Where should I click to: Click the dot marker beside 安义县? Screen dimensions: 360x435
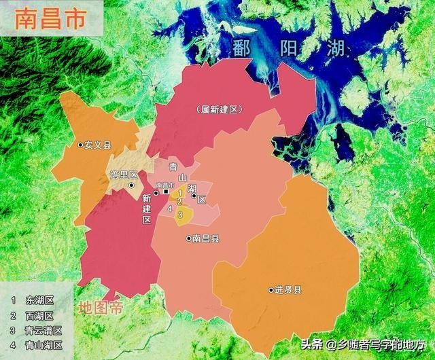pyautogui.click(x=80, y=145)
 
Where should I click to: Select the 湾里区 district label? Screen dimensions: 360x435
pyautogui.click(x=124, y=175)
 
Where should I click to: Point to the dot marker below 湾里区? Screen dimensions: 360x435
pyautogui.click(x=131, y=185)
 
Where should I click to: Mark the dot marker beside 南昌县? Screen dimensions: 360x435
pyautogui.click(x=188, y=238)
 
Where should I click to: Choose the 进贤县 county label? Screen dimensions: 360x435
pyautogui.click(x=288, y=290)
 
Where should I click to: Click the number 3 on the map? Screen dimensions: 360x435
pyautogui.click(x=180, y=215)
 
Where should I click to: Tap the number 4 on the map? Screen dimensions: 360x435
pyautogui.click(x=169, y=208)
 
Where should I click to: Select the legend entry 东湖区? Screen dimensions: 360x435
pyautogui.click(x=40, y=300)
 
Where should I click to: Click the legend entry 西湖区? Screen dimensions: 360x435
pyautogui.click(x=40, y=315)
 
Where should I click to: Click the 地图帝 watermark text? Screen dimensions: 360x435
pyautogui.click(x=101, y=308)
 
